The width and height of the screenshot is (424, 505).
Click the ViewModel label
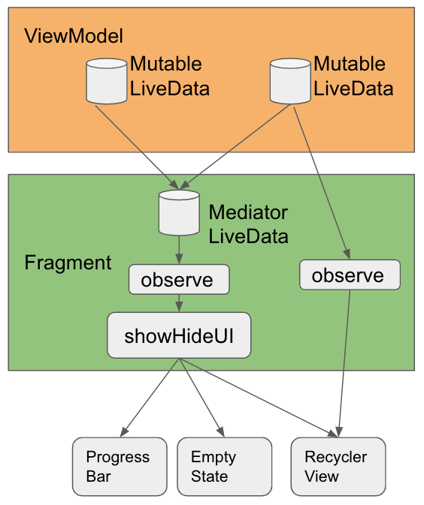pyautogui.click(x=74, y=36)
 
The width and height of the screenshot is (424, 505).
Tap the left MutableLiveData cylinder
pyautogui.click(x=107, y=81)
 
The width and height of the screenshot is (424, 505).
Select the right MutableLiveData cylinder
pyautogui.click(x=290, y=81)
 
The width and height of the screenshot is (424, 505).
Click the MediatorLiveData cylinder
pyautogui.click(x=179, y=212)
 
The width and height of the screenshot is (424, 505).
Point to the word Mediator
pyautogui.click(x=248, y=212)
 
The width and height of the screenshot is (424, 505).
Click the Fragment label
pyautogui.click(x=68, y=263)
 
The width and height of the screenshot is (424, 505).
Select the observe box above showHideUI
pyautogui.click(x=179, y=280)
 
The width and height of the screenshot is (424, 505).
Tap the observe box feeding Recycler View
pyautogui.click(x=350, y=275)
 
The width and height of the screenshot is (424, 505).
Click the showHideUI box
pyautogui.click(x=179, y=335)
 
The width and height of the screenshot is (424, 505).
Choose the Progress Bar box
pyautogui.click(x=120, y=466)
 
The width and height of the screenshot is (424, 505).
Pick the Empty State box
pyautogui.click(x=225, y=466)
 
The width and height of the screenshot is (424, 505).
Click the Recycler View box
pyautogui.click(x=338, y=466)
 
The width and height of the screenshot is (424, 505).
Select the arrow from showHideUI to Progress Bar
pyautogui.click(x=150, y=398)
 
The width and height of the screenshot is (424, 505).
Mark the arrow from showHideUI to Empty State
pyautogui.click(x=201, y=398)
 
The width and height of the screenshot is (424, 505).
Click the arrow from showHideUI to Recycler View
pyautogui.click(x=259, y=398)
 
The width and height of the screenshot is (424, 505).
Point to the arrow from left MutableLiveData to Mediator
pyautogui.click(x=137, y=147)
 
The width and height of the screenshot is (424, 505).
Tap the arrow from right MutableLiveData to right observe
pyautogui.click(x=322, y=183)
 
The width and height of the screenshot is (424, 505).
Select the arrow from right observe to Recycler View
pyautogui.click(x=344, y=363)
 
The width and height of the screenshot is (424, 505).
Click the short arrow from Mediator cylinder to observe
pyautogui.click(x=179, y=250)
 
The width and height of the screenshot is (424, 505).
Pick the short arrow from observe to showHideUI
pyautogui.click(x=179, y=303)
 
